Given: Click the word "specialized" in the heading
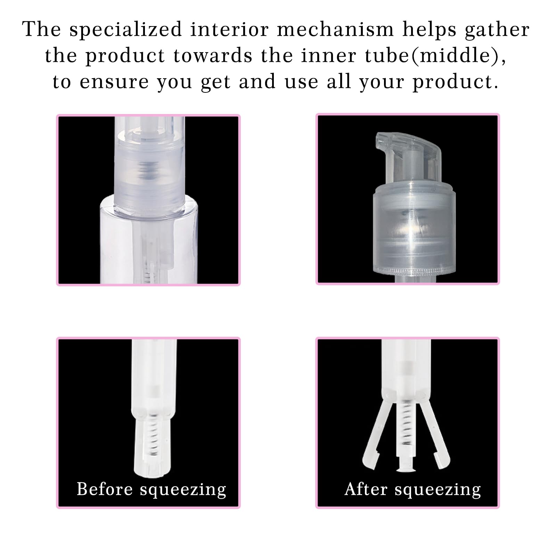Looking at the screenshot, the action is click(126, 30).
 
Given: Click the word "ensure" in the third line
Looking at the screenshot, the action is click(114, 82).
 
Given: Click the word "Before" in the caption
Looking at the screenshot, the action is click(105, 489).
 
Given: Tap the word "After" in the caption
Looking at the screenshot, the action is click(366, 489).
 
